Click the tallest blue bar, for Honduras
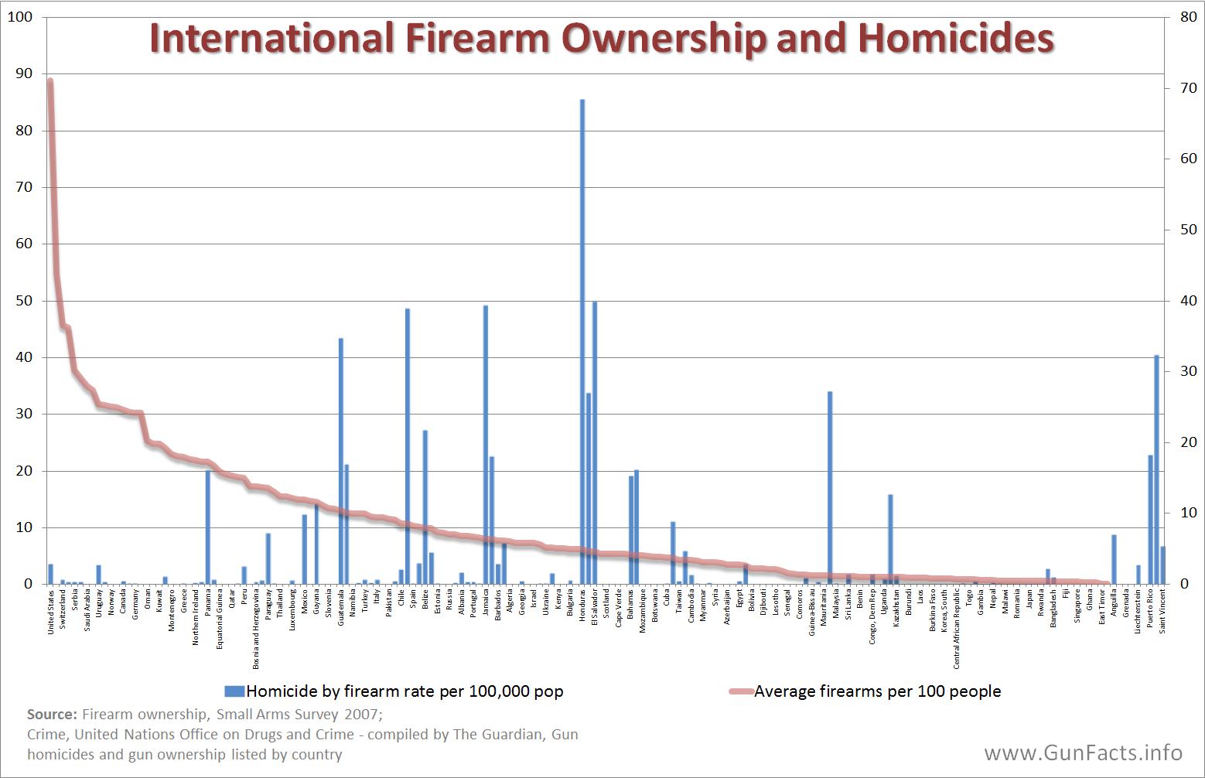(582, 340)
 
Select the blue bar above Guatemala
(341, 460)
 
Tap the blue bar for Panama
(208, 526)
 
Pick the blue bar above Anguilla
(1114, 558)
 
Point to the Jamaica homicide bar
(486, 445)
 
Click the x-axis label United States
(51, 612)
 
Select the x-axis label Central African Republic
(957, 627)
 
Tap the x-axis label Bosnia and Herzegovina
(256, 629)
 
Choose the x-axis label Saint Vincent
(1162, 612)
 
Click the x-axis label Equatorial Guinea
(220, 618)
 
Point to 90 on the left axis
(24, 73)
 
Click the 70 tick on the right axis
(1188, 88)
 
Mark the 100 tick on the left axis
(21, 17)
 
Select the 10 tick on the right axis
(1188, 513)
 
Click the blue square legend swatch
(234, 691)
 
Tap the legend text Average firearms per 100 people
(877, 691)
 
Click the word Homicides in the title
(955, 38)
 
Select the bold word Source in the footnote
(52, 715)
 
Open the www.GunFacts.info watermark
(1083, 752)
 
